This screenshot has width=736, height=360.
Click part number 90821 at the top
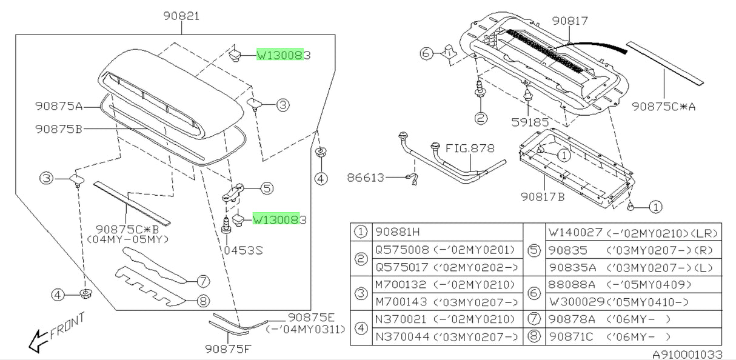(181, 16)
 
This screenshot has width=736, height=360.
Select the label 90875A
(58, 106)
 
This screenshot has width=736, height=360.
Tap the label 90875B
(58, 128)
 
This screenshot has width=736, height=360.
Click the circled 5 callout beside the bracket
(267, 188)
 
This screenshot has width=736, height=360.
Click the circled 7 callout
(203, 281)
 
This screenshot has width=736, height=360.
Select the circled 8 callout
(203, 299)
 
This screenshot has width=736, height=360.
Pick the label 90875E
(308, 317)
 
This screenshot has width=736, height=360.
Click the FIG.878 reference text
(470, 148)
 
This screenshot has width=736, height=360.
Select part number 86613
(366, 178)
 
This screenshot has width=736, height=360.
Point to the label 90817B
(543, 196)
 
